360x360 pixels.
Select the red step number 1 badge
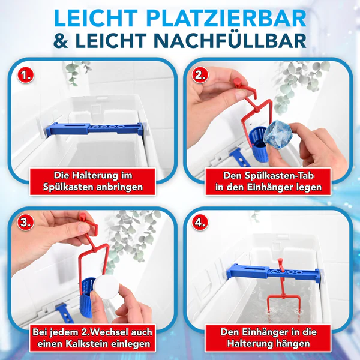25,76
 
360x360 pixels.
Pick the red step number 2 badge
201,76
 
